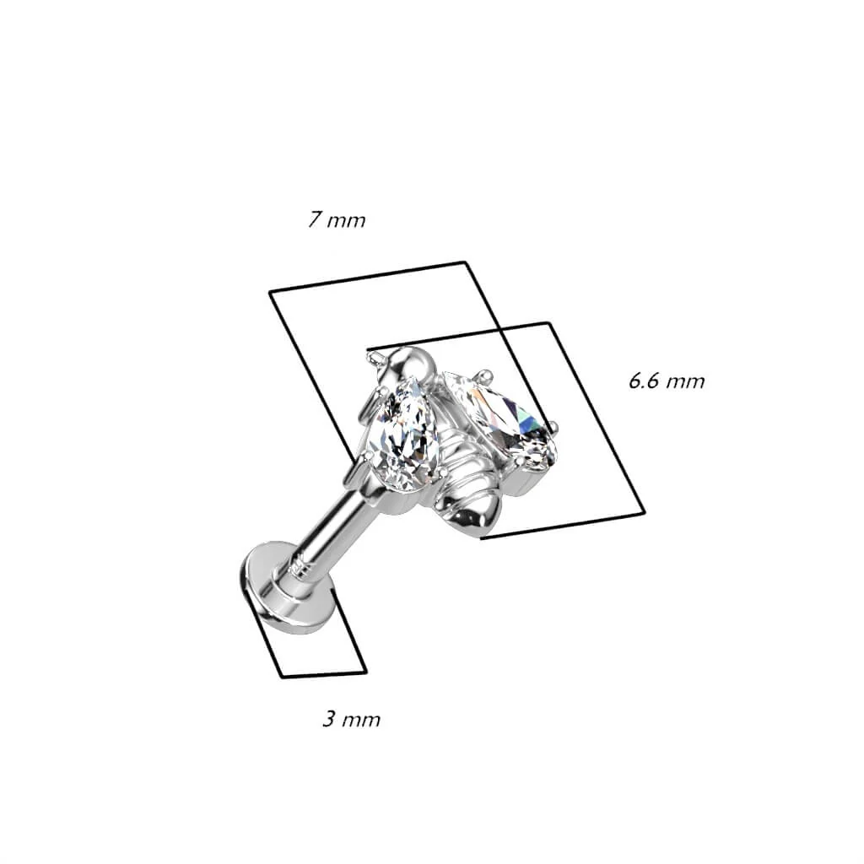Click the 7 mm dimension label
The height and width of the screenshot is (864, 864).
[x=337, y=220]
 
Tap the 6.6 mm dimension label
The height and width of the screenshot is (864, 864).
[x=667, y=381]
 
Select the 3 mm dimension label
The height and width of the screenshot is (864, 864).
[x=352, y=719]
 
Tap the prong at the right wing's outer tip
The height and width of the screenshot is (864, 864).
[x=551, y=425]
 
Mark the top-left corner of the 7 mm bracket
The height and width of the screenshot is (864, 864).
[x=269, y=292]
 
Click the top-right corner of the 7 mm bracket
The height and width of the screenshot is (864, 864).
[x=466, y=262]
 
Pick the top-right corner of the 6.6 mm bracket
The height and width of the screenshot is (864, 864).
[x=549, y=323]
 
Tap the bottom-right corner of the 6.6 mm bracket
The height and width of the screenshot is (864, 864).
[x=643, y=514]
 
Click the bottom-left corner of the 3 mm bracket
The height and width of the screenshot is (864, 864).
[x=282, y=677]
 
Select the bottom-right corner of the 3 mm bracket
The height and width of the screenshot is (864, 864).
[x=366, y=671]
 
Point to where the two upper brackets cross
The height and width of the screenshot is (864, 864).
[x=499, y=331]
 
